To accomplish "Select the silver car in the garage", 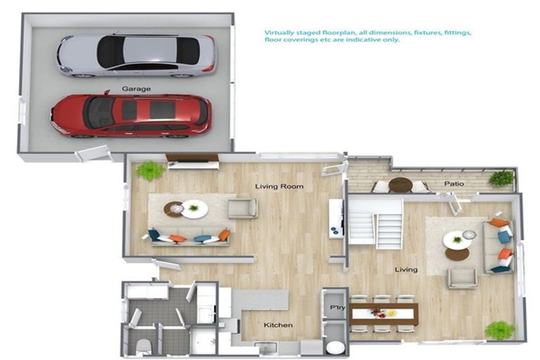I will point(137,54).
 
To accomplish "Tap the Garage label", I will point(136,89).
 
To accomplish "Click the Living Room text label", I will point(278,186).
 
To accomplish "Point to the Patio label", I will point(454,184).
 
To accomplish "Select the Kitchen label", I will point(278,325).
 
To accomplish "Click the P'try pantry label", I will point(335,307).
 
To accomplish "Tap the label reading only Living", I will point(406,269).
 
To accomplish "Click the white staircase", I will point(375,222).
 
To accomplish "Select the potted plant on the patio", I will point(501,178).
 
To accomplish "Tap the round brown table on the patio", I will point(401,184).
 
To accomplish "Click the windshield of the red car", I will point(99,112).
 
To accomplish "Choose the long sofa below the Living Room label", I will point(188,237).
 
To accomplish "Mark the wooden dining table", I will point(384,314).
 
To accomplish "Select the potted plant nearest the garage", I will point(150,170).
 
